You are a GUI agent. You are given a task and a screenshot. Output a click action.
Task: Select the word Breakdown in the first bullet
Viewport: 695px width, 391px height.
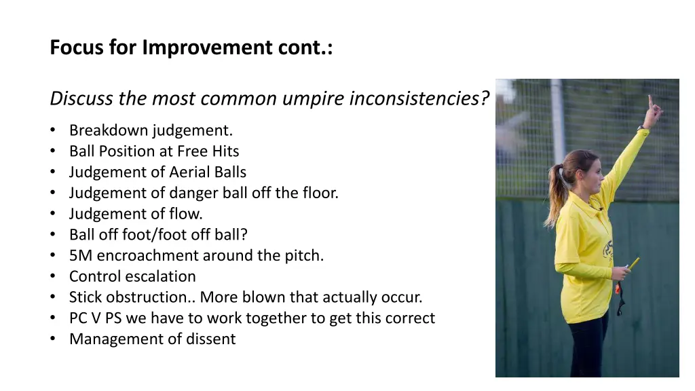coord(109,130)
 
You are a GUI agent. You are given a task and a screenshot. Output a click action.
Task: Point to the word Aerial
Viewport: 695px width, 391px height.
coord(193,172)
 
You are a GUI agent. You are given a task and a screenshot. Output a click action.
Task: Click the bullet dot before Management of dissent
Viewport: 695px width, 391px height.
coord(54,339)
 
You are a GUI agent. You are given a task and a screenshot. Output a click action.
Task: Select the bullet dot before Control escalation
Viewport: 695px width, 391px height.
coord(54,277)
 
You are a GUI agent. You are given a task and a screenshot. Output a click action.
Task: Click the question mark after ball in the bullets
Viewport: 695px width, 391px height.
coord(244,235)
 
